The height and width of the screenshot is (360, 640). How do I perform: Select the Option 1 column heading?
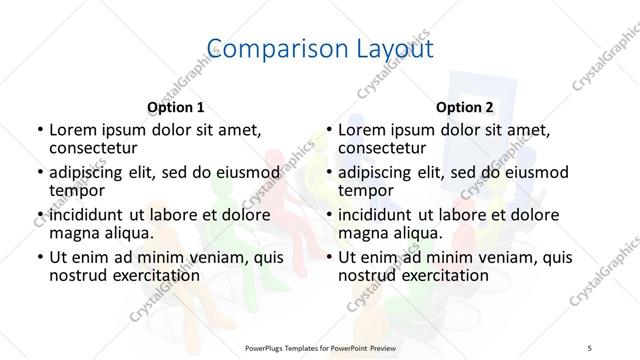[x=176, y=106]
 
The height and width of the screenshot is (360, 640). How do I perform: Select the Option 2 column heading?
[x=464, y=106]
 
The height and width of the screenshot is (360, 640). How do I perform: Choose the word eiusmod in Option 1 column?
[x=242, y=172]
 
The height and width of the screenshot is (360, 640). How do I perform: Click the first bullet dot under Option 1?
[x=39, y=130]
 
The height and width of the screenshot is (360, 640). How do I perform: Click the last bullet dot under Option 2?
[x=328, y=258]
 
